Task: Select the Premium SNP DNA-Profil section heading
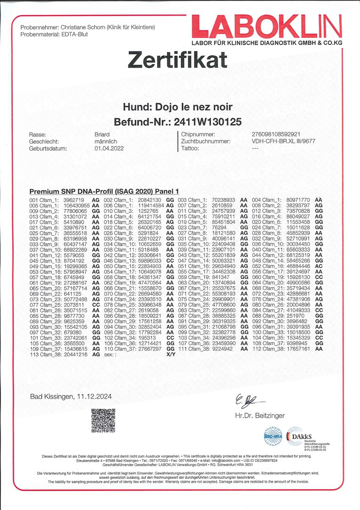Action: pos(104,192)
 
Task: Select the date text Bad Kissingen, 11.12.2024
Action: pos(71,397)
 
